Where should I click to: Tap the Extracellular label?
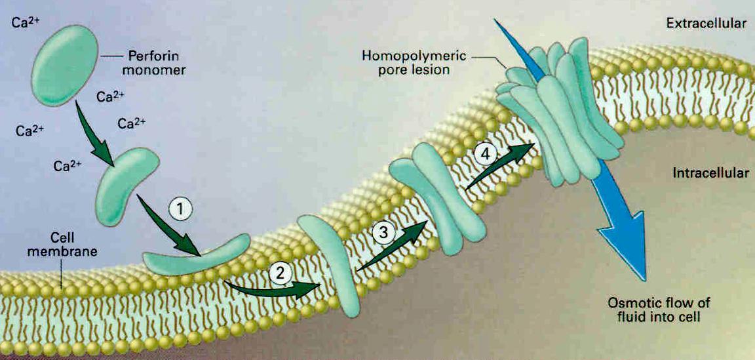[x=707, y=24]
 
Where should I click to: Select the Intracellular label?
[x=710, y=174]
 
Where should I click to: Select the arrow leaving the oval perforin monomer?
[x=96, y=130]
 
